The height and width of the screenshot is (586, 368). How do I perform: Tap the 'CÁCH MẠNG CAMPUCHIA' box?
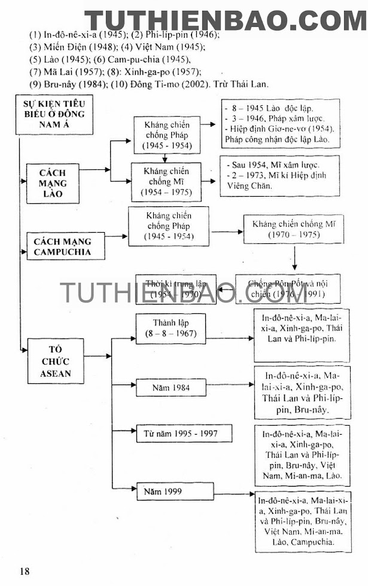(62, 246)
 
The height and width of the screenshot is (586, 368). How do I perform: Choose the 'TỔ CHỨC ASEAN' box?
(56, 361)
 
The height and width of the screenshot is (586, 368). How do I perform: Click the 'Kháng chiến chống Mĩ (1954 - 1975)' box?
(167, 182)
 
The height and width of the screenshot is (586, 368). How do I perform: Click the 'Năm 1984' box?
(173, 387)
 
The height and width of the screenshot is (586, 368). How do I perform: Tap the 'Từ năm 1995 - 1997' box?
(184, 433)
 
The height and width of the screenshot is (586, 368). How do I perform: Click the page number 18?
(24, 571)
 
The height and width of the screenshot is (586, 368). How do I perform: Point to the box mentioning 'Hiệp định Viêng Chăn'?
(279, 175)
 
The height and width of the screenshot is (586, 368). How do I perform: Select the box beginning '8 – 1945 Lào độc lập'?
(281, 124)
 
